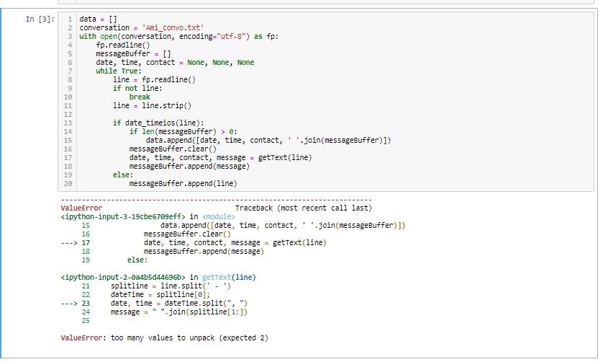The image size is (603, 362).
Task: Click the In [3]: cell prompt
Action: (40, 19)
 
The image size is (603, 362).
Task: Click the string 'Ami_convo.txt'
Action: (173, 27)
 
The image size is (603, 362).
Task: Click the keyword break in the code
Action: (140, 97)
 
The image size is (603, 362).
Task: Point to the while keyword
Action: (106, 71)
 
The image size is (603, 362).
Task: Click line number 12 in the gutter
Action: (68, 115)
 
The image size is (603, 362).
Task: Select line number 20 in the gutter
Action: (68, 183)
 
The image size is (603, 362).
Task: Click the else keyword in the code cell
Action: (121, 175)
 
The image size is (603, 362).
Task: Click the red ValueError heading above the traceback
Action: (81, 208)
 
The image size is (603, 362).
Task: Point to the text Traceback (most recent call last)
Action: (304, 208)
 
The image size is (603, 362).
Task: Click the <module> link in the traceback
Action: (219, 216)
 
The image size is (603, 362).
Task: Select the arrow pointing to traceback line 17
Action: (69, 243)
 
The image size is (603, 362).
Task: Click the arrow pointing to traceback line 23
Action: (69, 304)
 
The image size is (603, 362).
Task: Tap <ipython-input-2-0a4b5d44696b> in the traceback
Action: (123, 277)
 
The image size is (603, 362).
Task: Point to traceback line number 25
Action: (86, 321)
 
